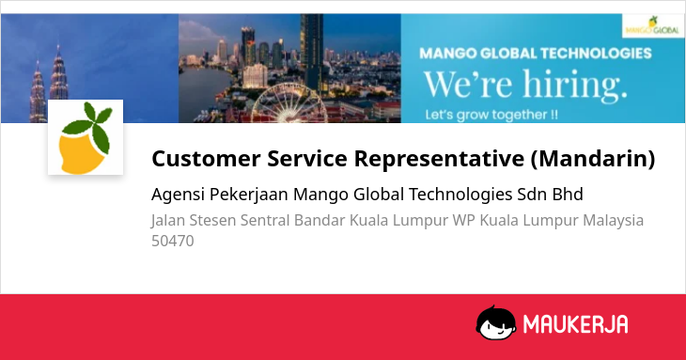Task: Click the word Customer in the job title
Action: (x=206, y=158)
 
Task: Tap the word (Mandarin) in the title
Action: (x=593, y=159)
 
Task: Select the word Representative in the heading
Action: (x=439, y=159)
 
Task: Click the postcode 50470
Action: (x=172, y=241)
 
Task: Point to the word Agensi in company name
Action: (x=178, y=195)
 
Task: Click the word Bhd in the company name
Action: (x=568, y=195)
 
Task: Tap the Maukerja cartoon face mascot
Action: (x=495, y=322)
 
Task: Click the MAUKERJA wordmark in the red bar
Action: (x=575, y=324)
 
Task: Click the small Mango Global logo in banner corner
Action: (x=653, y=25)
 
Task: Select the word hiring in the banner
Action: (x=575, y=84)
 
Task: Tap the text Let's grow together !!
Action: (x=491, y=115)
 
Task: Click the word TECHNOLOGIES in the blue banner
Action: (x=596, y=54)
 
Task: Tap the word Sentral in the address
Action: (x=265, y=221)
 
